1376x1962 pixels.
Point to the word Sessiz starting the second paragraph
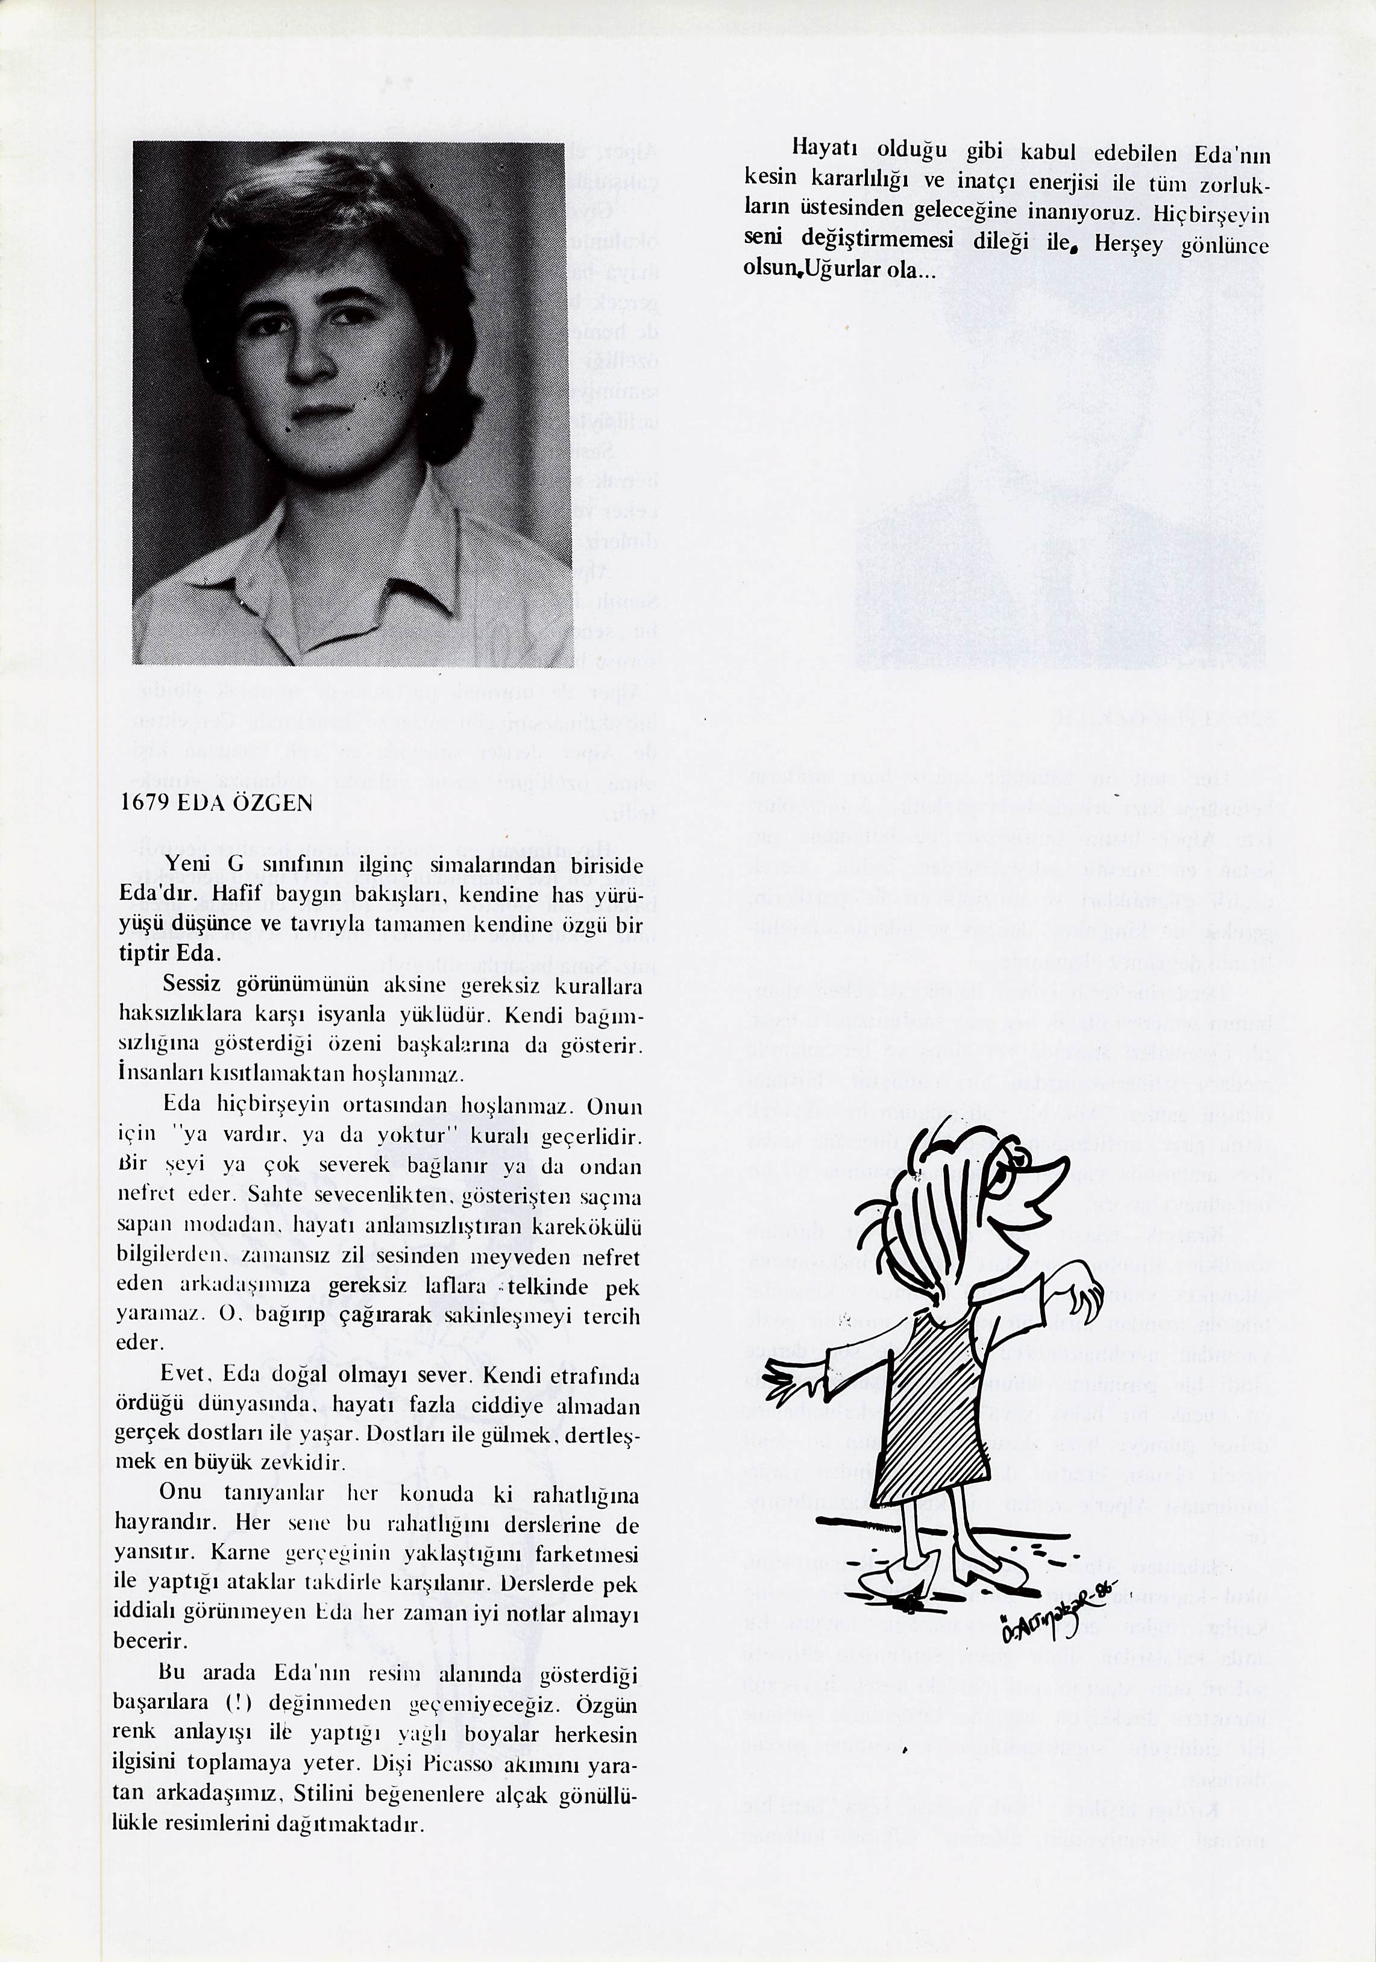pyautogui.click(x=192, y=986)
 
